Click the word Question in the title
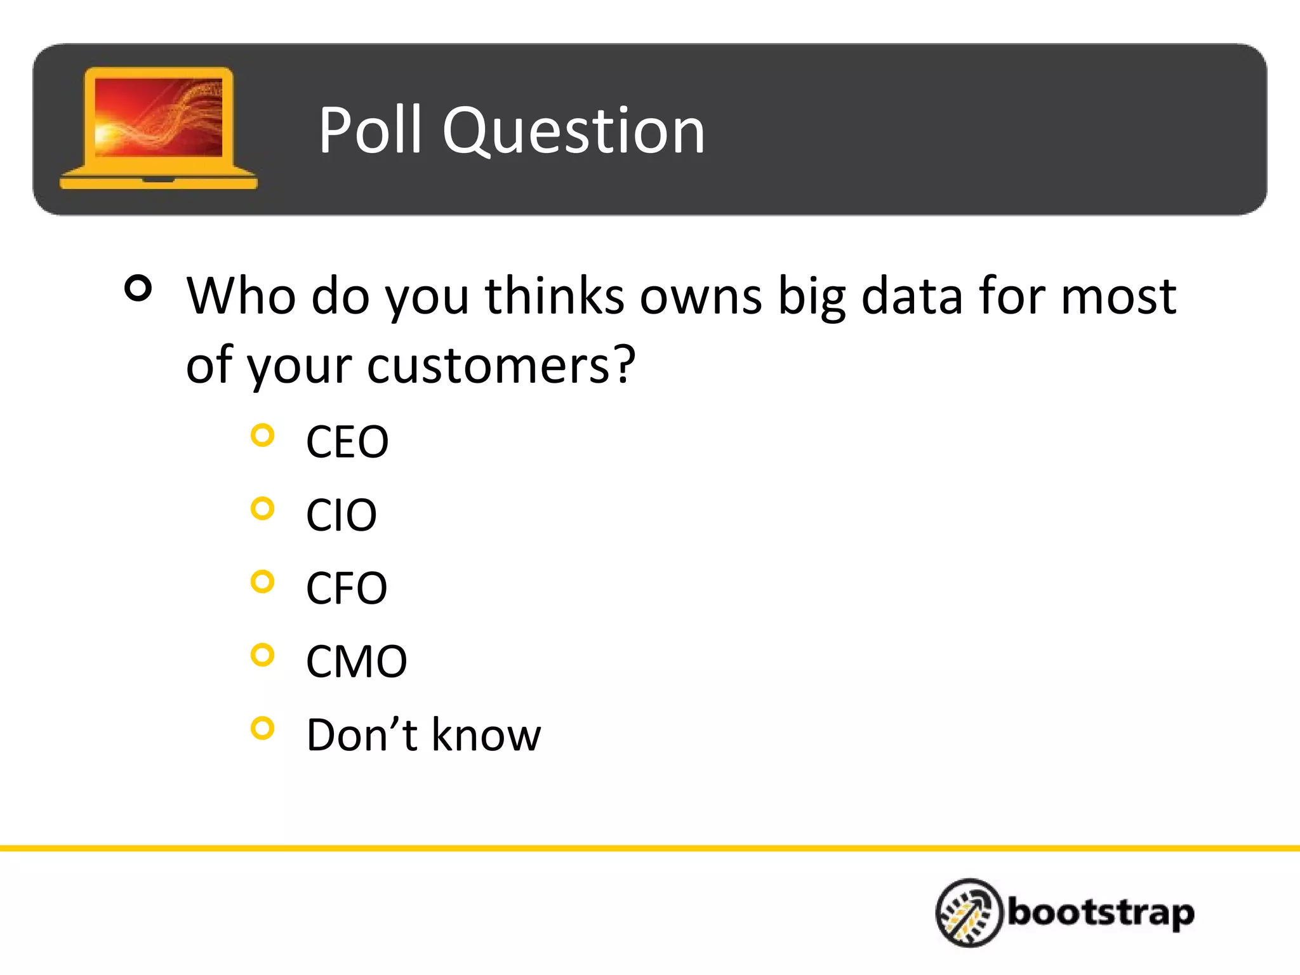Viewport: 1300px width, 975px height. click(574, 131)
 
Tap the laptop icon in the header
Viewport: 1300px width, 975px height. click(159, 128)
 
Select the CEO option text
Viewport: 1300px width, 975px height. click(347, 442)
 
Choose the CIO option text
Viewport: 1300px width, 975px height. click(341, 515)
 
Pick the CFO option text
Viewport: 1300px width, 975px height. click(346, 588)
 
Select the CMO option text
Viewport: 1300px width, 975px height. click(356, 661)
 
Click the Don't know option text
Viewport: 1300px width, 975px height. click(423, 735)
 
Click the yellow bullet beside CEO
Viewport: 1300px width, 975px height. click(262, 435)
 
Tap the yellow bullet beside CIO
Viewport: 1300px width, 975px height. click(262, 508)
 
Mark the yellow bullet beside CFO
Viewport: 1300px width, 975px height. click(262, 581)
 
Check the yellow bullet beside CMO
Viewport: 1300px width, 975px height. click(262, 654)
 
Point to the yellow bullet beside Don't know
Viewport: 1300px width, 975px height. click(262, 728)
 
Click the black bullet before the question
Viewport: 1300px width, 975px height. click(138, 288)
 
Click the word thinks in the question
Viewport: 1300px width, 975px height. click(554, 296)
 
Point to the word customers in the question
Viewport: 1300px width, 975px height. click(489, 366)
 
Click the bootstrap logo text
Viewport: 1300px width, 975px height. click(1101, 913)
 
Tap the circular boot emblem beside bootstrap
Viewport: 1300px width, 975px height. click(969, 913)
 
